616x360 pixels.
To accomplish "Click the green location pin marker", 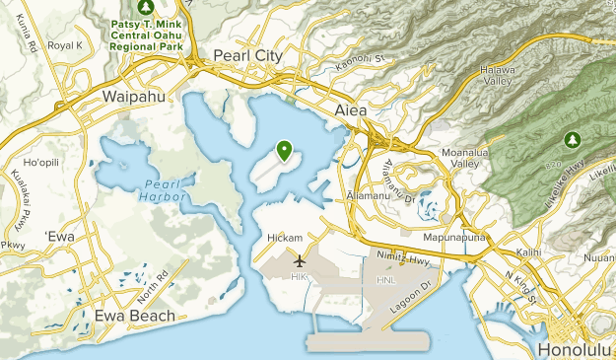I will (x=284, y=151).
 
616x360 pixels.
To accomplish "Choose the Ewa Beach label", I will (x=134, y=316).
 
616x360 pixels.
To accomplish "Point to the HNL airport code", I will (x=385, y=280).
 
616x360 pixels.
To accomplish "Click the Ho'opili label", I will (x=42, y=162).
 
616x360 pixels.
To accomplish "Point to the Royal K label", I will (x=65, y=45).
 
